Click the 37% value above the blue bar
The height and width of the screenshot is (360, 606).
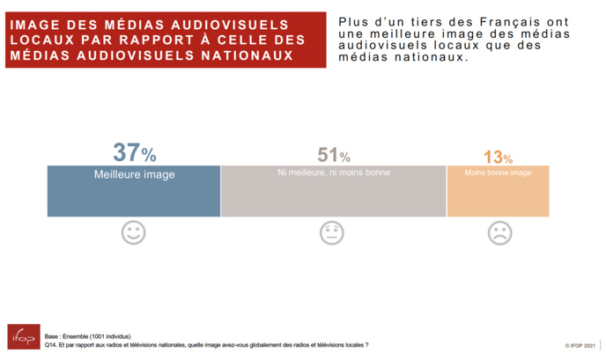134,153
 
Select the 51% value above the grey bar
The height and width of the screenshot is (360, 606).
333,156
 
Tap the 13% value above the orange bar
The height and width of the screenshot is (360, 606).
498,158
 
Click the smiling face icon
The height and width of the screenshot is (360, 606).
134,233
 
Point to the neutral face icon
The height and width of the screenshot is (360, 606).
331,233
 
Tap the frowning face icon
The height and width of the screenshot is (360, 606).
499,233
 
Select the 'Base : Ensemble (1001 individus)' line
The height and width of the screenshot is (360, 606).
89,336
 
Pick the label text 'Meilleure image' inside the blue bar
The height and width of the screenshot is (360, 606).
134,174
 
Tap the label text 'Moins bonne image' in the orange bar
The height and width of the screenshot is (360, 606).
498,173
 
